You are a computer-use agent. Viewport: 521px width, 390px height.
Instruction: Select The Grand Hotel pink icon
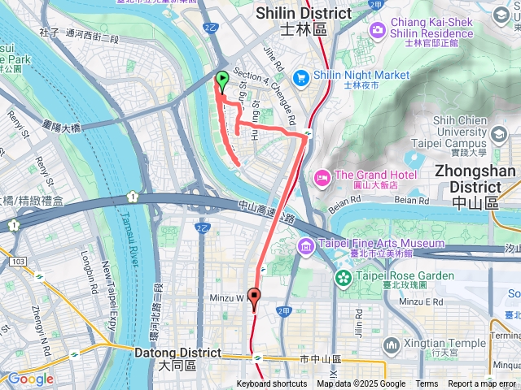pyautogui.click(x=322, y=176)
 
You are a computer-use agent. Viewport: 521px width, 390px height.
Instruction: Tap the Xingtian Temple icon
pyautogui.click(x=392, y=344)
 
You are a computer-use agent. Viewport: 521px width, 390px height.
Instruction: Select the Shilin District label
pyautogui.click(x=304, y=20)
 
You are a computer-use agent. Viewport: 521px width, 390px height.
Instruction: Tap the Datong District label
pyautogui.click(x=177, y=358)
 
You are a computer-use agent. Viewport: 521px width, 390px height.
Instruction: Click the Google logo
pyautogui.click(x=31, y=379)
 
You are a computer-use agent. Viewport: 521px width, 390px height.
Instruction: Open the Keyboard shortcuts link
pyautogui.click(x=272, y=384)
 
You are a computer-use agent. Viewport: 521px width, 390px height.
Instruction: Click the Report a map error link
pyautogui.click(x=482, y=384)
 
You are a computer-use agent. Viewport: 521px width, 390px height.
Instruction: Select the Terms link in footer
pyautogui.click(x=427, y=384)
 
